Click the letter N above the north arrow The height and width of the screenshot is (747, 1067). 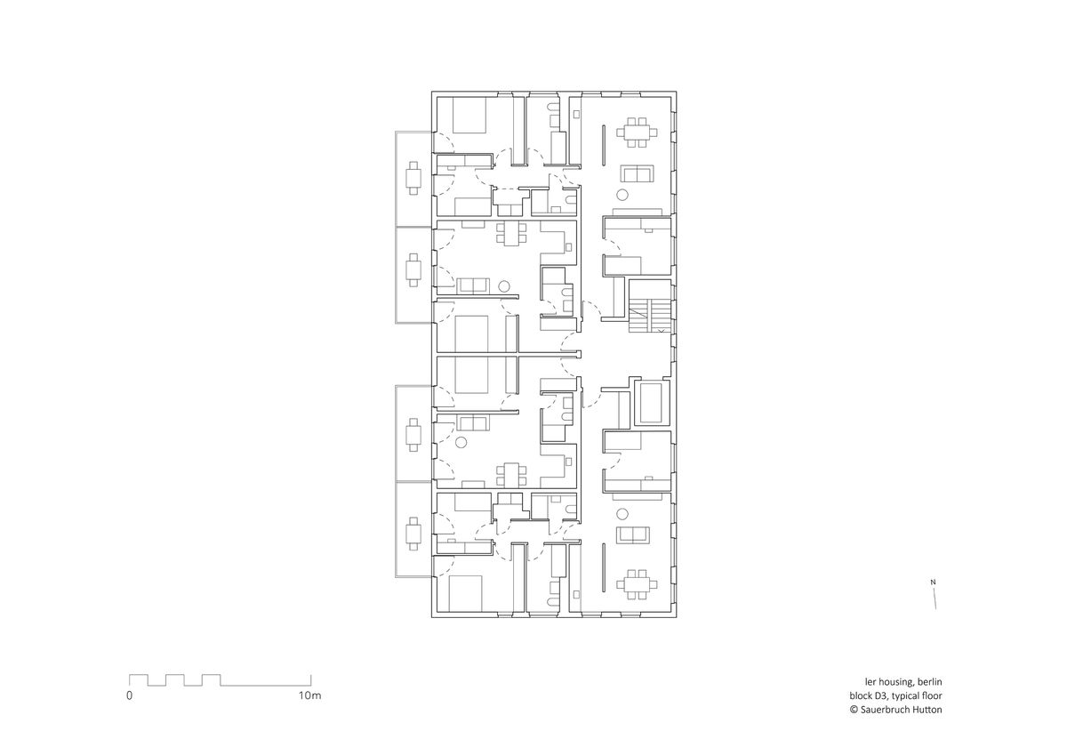[933, 582]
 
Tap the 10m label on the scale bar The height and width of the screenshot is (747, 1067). [309, 695]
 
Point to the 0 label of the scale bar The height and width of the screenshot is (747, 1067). [129, 695]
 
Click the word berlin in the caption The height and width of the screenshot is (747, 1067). [929, 682]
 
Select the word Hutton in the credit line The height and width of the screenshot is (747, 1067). [928, 710]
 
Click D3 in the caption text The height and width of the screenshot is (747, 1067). [882, 695]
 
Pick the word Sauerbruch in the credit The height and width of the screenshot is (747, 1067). [885, 710]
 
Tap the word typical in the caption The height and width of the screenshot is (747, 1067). [906, 696]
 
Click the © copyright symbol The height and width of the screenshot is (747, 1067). [854, 710]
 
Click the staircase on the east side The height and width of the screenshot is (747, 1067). [650, 306]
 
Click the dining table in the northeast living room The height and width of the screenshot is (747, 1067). [637, 132]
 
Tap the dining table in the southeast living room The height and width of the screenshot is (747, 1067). [637, 584]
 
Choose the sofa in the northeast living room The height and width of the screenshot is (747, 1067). [637, 173]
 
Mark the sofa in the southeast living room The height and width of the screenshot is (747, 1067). [632, 535]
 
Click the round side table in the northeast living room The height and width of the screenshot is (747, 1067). [622, 195]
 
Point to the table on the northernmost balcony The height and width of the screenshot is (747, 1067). [413, 178]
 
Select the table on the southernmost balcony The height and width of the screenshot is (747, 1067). [413, 534]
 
